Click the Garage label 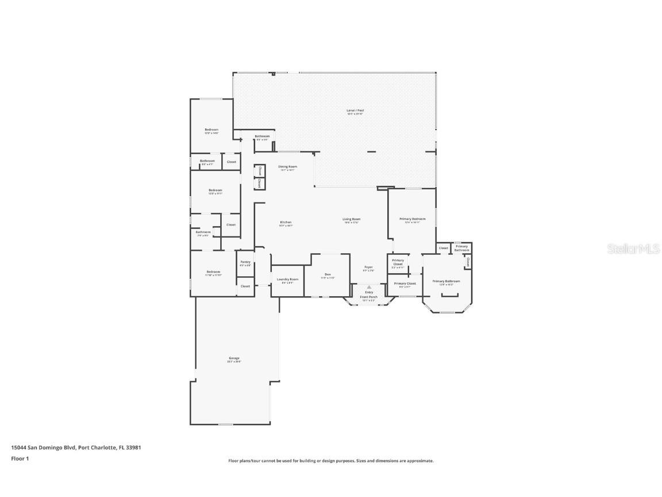[x=234, y=358]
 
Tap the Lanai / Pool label [x=355, y=110]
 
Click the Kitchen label [x=286, y=222]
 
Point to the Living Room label [x=352, y=219]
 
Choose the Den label [x=328, y=274]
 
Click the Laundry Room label [x=287, y=279]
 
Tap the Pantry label [x=245, y=262]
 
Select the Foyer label [x=368, y=267]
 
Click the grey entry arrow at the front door [x=369, y=287]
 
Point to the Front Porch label [x=368, y=297]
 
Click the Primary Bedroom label [x=413, y=219]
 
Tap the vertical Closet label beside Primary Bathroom [x=468, y=262]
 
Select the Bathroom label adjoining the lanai [x=262, y=136]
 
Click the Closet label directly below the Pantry [x=245, y=286]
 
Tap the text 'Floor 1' [x=20, y=458]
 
